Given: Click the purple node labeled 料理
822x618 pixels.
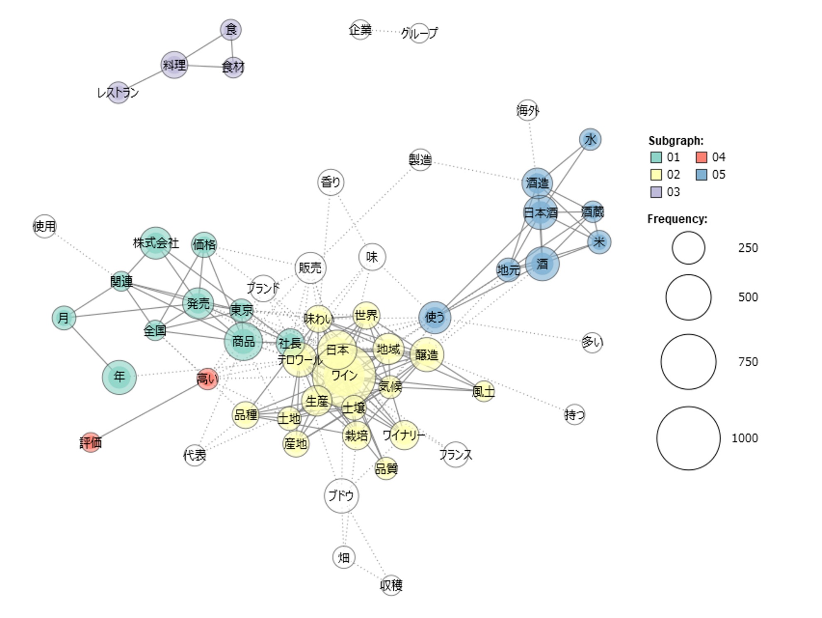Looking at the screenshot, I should pos(174,65).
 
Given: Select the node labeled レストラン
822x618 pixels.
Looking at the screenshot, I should pos(118,93).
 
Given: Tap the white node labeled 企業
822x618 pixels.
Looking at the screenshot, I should pos(360,30).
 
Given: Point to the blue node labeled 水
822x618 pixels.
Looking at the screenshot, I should pos(590,140).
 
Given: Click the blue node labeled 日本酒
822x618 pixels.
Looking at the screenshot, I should pos(540,213).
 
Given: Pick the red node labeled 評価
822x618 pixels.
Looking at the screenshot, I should pos(91,443).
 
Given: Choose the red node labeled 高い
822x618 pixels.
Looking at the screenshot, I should pos(207,379).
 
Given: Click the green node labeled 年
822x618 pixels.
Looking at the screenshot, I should pos(119,377).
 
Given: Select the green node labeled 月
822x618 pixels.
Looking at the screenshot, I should pos(64,318).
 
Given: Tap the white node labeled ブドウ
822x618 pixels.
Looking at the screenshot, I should pos(341,495).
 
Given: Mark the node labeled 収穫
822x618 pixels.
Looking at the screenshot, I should pos(391,585).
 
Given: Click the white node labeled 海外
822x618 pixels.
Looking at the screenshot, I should pos(528,110).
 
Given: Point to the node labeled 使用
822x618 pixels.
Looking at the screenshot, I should pos(44,226).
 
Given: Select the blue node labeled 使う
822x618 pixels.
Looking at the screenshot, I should pos(435,317).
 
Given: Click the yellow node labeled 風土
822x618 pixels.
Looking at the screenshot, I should pos(484,391).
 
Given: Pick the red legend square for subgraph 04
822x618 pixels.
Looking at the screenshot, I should pos(701,157).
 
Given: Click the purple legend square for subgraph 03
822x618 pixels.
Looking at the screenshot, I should pos(656,192).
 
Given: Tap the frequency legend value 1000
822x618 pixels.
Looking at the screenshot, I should pos(745,438).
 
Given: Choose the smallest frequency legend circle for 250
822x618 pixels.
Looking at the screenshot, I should pos(688,248).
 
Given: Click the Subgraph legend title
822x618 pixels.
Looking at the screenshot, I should pos(676,141).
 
